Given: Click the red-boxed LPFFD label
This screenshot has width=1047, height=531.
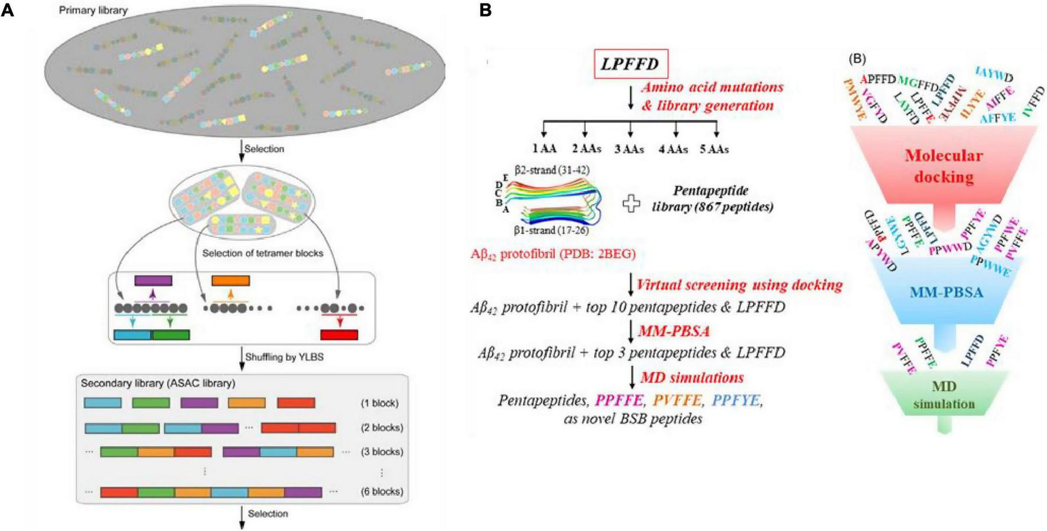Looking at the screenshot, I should coord(630,64).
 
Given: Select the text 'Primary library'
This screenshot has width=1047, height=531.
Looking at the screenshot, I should coord(93,10).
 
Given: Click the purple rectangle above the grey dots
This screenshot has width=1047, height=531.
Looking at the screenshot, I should coord(153,280).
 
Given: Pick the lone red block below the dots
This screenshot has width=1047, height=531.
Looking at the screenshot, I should coord(339,335).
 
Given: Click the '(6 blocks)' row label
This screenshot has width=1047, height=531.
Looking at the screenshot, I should coord(382,491).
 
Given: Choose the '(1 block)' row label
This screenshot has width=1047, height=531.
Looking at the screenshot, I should coord(379,403).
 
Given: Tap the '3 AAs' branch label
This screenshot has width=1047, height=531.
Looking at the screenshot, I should coord(629,150).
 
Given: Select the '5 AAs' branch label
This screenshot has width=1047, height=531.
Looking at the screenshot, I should coord(714,150).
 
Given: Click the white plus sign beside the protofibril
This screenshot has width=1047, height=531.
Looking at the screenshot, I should coord(631,205).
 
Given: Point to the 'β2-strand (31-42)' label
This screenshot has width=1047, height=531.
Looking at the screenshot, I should coord(551,170).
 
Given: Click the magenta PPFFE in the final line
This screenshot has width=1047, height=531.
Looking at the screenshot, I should coord(619,400).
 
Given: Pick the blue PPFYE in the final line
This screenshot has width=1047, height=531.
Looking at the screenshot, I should coord(736,400).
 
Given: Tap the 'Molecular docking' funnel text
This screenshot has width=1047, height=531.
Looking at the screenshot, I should coord(944,166).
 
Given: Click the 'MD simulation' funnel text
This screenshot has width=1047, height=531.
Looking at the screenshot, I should coord(944,395).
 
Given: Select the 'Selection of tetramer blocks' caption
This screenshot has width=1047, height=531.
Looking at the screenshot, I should coord(262,253).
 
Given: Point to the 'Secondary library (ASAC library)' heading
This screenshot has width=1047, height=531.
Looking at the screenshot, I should coord(158,383).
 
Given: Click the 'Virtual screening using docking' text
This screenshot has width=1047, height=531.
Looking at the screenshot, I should coord(739,285).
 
